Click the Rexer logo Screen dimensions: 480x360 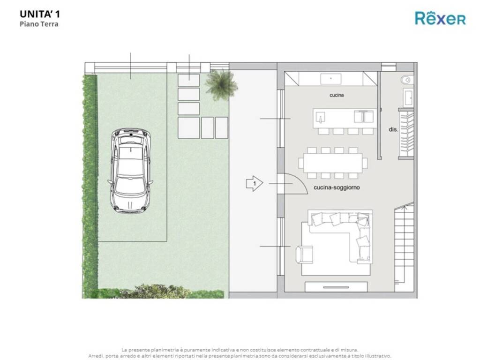point(440,18)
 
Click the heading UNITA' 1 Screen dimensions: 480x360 point(40,14)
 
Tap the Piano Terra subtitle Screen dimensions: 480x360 point(39,24)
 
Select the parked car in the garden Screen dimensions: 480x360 point(131,171)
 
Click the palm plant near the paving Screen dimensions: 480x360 point(221,84)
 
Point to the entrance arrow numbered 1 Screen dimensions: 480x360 point(255,183)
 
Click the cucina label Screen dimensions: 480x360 point(337,95)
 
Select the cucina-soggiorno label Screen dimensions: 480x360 point(337,187)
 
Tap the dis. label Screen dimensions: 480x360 point(393,129)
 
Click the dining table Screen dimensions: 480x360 point(333,163)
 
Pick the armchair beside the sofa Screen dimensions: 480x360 point(304,255)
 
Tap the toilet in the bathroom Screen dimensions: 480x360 point(406,80)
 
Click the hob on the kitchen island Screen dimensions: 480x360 point(363,116)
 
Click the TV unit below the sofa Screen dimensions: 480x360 point(336,287)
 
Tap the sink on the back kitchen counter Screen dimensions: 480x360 point(330,79)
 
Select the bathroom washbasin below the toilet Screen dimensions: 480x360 point(408,97)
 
